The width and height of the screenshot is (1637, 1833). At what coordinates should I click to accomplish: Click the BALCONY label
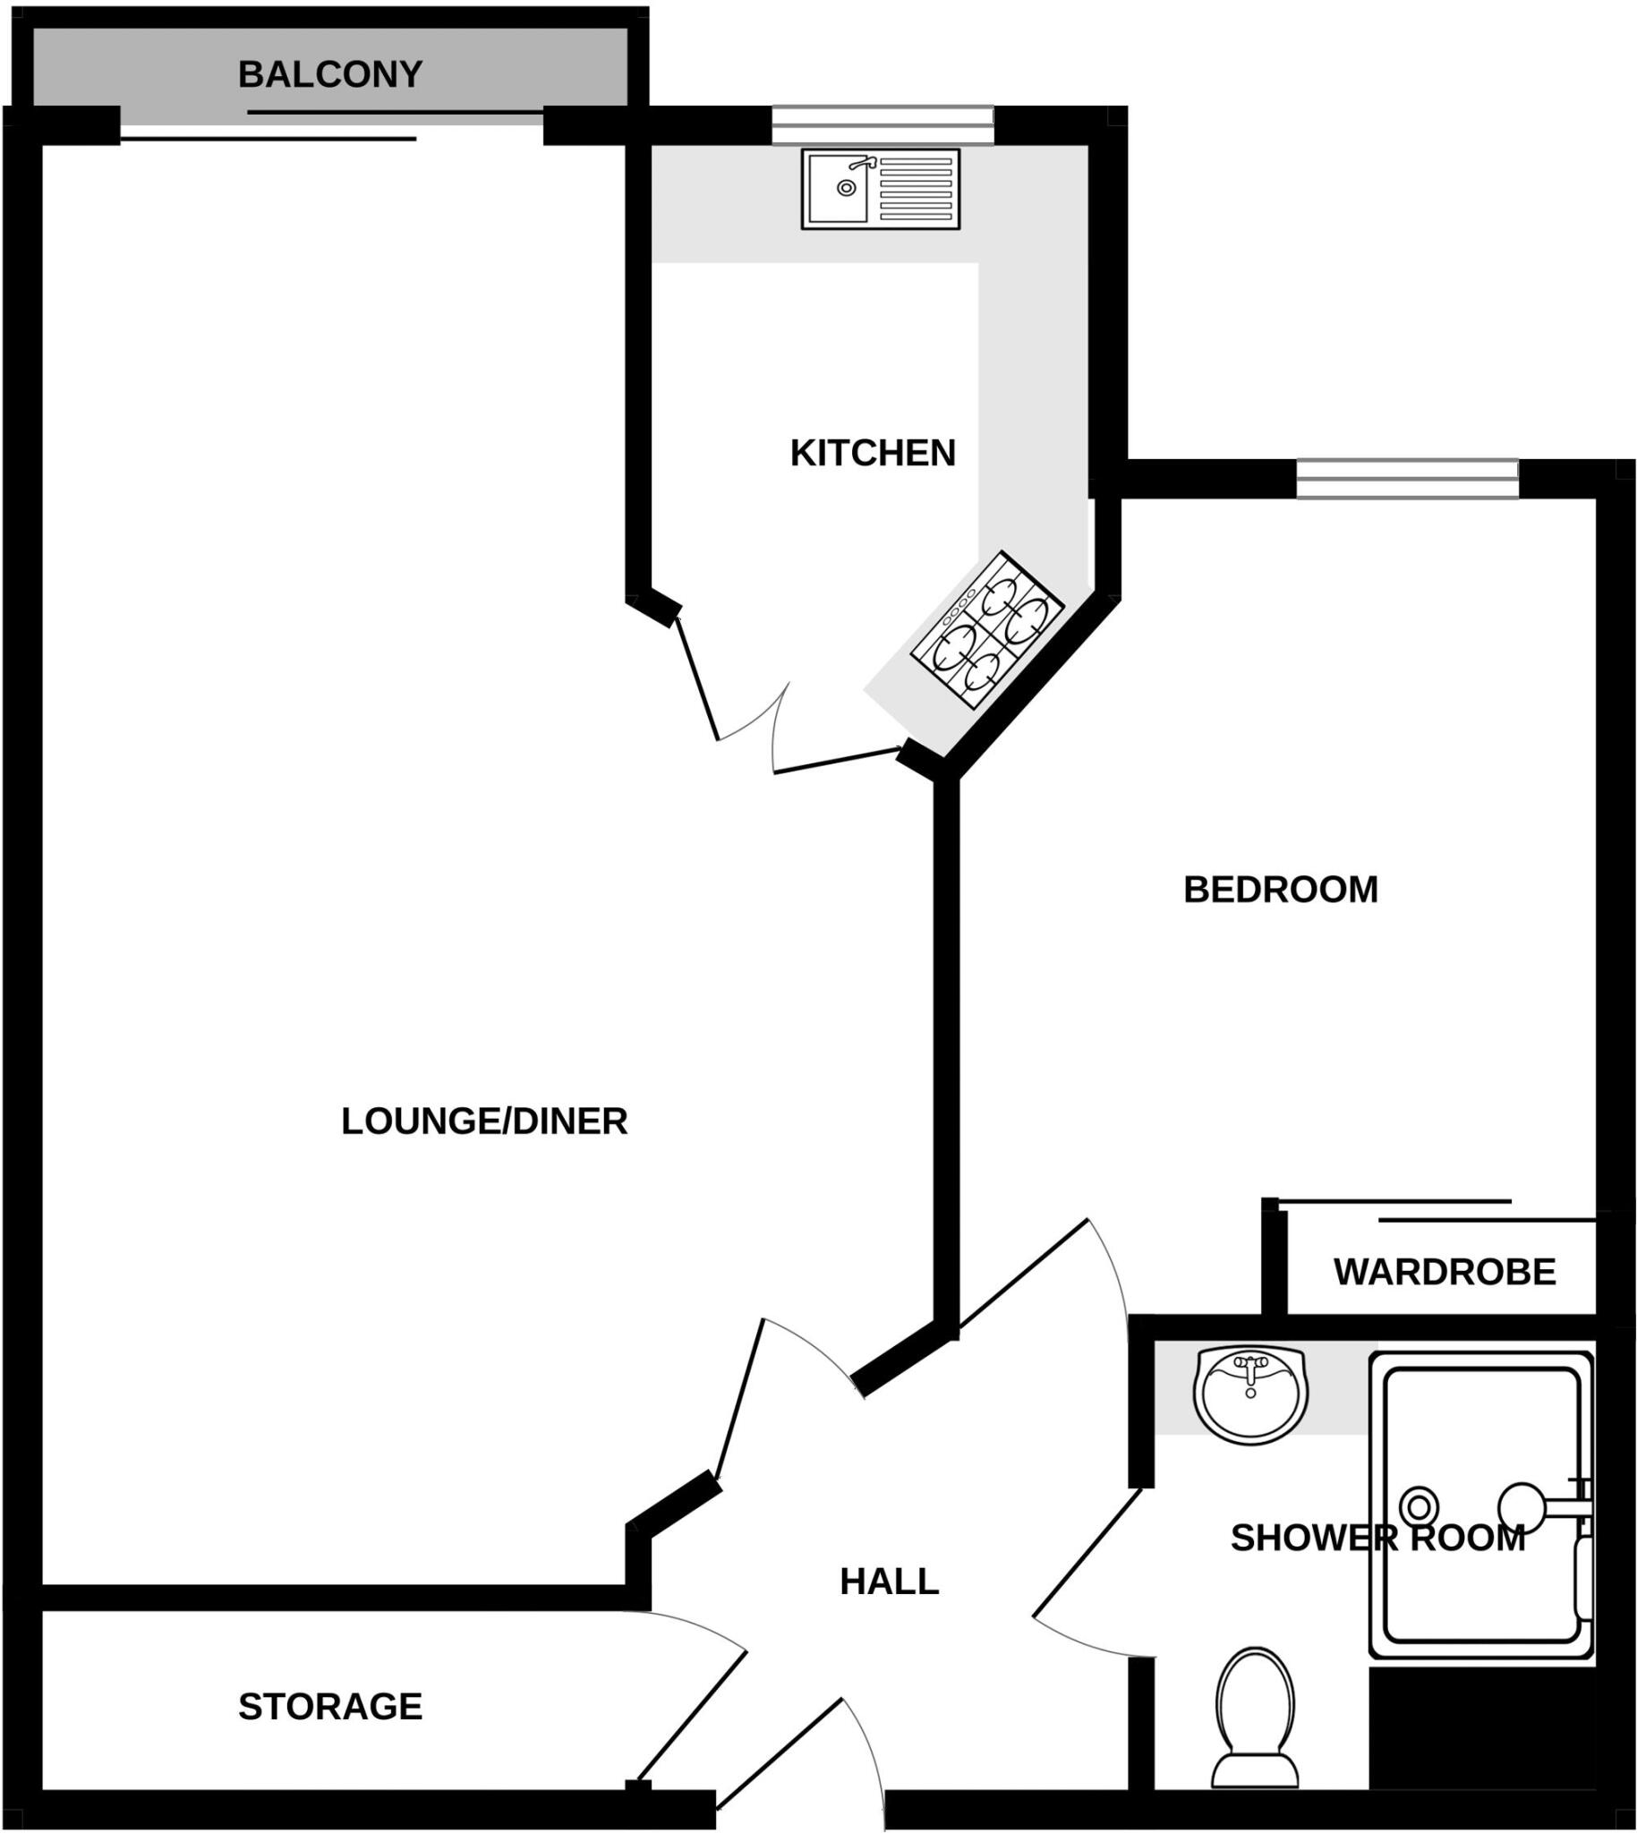(330, 74)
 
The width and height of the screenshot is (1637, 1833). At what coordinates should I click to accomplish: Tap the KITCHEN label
(873, 453)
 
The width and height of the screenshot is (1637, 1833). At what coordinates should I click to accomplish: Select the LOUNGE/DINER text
(484, 1121)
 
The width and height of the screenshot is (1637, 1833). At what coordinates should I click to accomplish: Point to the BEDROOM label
(1280, 890)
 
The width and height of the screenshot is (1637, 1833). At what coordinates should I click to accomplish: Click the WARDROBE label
(1445, 1273)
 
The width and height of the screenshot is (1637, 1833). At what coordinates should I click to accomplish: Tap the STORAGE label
(330, 1707)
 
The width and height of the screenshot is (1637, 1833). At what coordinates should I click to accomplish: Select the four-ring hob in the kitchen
(986, 630)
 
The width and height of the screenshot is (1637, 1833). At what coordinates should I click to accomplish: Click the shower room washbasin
(1250, 1395)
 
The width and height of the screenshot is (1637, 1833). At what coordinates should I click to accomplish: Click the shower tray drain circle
(1420, 1505)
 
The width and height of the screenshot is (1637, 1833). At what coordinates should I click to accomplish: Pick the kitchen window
(882, 125)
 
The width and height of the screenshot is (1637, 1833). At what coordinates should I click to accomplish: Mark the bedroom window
(1407, 479)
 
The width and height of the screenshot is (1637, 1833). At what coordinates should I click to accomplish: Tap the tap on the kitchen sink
(863, 164)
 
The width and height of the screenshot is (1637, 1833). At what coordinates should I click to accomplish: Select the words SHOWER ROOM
(1377, 1539)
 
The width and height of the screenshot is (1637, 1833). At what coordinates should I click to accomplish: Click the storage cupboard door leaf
(691, 1719)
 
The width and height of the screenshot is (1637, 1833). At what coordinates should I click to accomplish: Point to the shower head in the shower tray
(1522, 1506)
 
